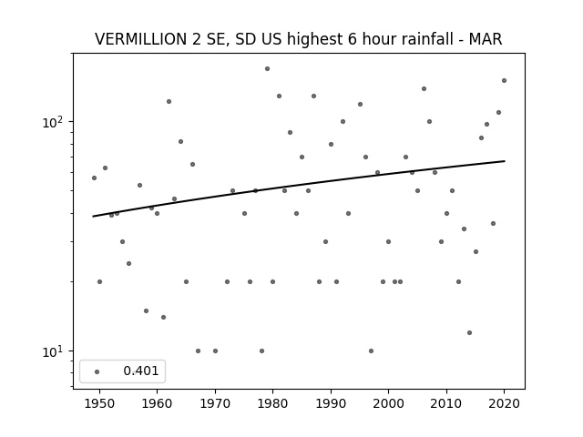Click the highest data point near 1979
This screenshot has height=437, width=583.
[267, 69]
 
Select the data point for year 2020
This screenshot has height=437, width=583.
[504, 81]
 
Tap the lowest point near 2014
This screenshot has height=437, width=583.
[470, 332]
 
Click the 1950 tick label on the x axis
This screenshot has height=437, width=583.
[99, 403]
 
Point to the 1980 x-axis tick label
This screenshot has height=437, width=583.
[272, 403]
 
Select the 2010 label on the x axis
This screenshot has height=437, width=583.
[446, 403]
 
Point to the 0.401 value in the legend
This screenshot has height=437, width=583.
[141, 371]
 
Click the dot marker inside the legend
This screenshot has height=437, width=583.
[97, 371]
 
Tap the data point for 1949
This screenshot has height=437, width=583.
[94, 178]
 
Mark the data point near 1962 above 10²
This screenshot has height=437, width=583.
[169, 101]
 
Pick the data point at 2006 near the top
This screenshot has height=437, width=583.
[424, 89]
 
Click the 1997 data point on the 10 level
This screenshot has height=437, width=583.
[371, 351]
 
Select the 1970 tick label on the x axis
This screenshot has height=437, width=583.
[215, 403]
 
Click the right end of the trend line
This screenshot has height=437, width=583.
[505, 161]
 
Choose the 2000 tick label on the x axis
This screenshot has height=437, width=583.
[388, 403]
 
